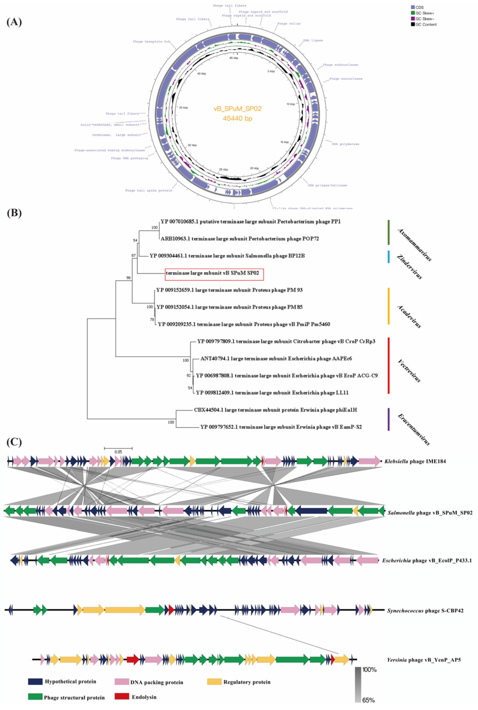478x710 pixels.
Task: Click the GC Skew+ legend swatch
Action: tap(413, 13)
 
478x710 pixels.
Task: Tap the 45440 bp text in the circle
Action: tap(237, 118)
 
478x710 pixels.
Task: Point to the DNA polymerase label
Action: tap(345, 144)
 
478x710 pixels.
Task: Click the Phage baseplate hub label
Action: tap(151, 41)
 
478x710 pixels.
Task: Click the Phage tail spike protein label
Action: tap(148, 191)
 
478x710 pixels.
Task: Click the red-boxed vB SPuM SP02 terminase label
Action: tap(214, 273)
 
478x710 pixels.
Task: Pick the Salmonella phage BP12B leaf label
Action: tap(227, 256)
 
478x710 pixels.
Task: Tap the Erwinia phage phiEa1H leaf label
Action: tap(275, 410)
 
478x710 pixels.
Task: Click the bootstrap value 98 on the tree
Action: tap(128, 278)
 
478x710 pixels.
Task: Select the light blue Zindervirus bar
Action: tap(388, 257)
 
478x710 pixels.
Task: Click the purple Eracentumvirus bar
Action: tap(388, 419)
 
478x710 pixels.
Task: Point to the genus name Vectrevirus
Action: tap(409, 371)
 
